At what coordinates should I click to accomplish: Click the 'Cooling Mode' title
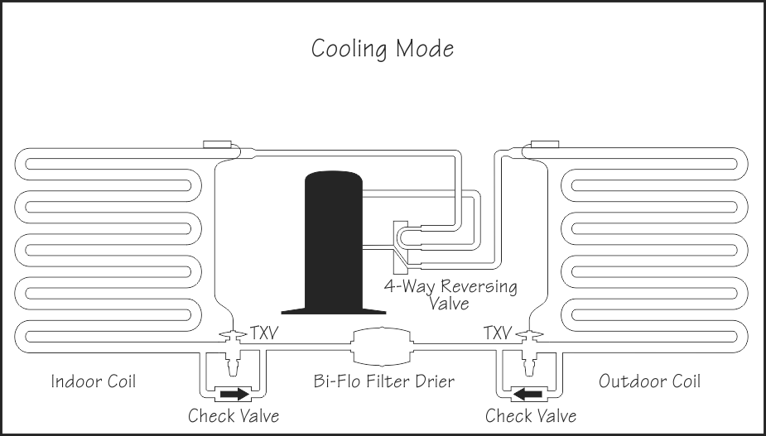pyautogui.click(x=383, y=49)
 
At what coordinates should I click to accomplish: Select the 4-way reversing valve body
pyautogui.click(x=401, y=247)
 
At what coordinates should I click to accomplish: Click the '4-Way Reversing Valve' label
pyautogui.click(x=450, y=295)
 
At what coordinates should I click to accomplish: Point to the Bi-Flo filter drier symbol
pyautogui.click(x=383, y=346)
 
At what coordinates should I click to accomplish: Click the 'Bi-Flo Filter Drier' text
pyautogui.click(x=384, y=381)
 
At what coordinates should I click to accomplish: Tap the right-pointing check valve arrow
pyautogui.click(x=235, y=394)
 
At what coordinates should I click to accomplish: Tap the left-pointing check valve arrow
pyautogui.click(x=528, y=394)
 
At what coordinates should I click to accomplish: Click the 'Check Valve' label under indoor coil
pyautogui.click(x=234, y=416)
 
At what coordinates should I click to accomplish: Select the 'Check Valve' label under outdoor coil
pyautogui.click(x=531, y=416)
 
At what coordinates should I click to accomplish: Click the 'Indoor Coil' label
pyautogui.click(x=94, y=381)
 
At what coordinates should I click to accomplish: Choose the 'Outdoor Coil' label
pyautogui.click(x=650, y=381)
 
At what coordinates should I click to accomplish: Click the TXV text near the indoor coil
pyautogui.click(x=264, y=333)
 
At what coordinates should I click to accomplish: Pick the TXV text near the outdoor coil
pyautogui.click(x=498, y=333)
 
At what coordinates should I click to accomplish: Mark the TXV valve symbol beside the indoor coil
pyautogui.click(x=233, y=352)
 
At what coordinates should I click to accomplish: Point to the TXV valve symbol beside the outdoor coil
pyautogui.click(x=529, y=352)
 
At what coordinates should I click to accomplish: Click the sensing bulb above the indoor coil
pyautogui.click(x=217, y=144)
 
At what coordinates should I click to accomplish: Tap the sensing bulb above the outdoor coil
pyautogui.click(x=545, y=144)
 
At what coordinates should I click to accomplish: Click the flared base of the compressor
pyautogui.click(x=334, y=310)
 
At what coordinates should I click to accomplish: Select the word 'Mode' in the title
pyautogui.click(x=425, y=49)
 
